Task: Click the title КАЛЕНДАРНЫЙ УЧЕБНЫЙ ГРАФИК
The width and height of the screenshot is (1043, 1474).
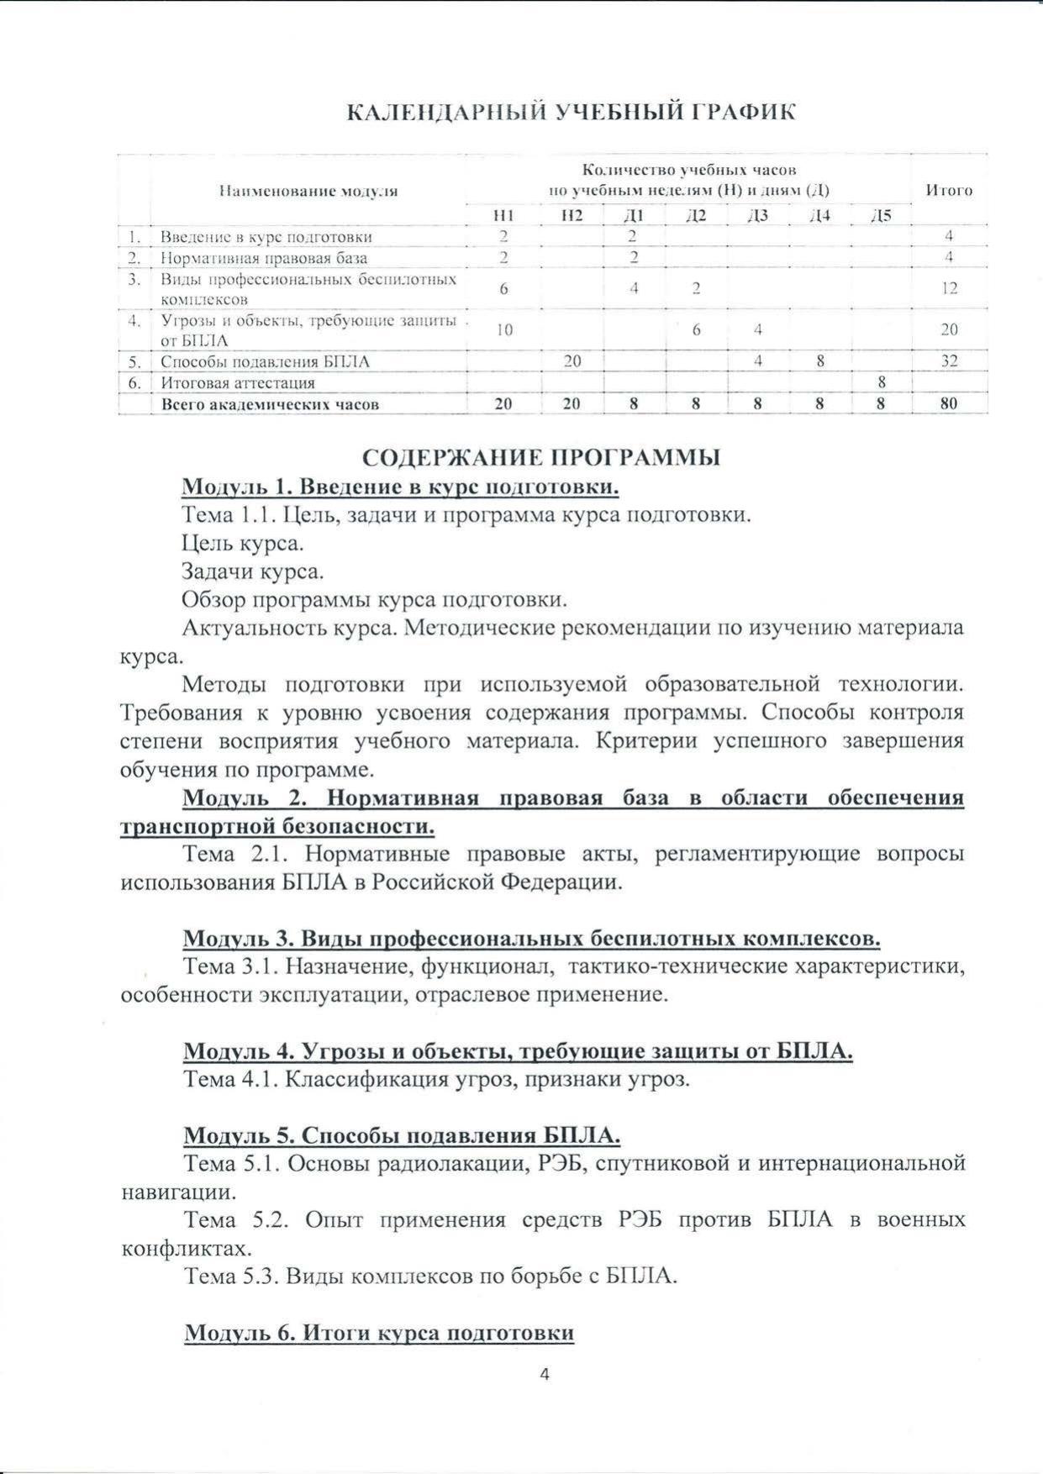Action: (x=572, y=113)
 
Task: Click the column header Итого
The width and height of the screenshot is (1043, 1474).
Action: (x=949, y=190)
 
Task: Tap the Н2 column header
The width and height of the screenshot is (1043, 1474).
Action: (x=572, y=216)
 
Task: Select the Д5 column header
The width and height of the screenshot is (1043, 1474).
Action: (x=881, y=216)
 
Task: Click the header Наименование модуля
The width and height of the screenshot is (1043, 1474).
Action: (x=308, y=191)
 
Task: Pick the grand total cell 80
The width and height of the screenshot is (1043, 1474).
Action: (x=949, y=404)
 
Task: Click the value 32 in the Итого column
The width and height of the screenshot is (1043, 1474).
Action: (x=949, y=361)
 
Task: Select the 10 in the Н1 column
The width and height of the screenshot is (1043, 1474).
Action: (x=503, y=330)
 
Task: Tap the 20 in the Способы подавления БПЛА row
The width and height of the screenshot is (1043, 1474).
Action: (x=572, y=361)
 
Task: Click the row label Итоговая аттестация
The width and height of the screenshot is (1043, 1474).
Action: (x=238, y=383)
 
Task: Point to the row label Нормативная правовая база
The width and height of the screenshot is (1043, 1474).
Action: (x=264, y=258)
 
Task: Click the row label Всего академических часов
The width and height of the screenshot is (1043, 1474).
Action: (x=270, y=404)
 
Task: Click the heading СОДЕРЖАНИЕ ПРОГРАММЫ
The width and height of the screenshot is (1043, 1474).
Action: (x=541, y=458)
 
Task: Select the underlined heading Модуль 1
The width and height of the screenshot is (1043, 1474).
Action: (x=401, y=487)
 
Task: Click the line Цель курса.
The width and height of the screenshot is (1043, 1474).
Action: (x=243, y=543)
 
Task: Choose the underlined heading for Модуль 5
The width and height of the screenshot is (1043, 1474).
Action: (x=402, y=1135)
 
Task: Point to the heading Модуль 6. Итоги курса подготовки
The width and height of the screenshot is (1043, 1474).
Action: (x=379, y=1333)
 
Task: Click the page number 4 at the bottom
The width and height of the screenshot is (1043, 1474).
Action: (x=544, y=1375)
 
